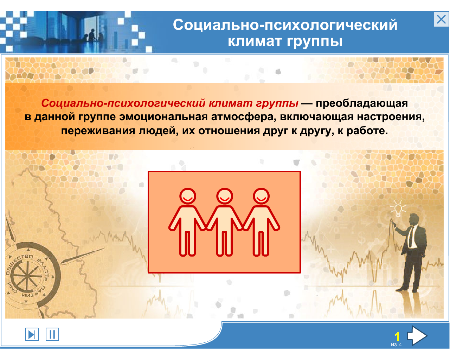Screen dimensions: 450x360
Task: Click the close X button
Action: [441, 19]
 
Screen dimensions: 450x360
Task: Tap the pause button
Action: [52, 334]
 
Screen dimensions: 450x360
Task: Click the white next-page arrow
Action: [417, 335]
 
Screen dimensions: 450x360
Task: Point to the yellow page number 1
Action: [397, 336]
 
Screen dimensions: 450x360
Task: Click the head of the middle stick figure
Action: [225, 196]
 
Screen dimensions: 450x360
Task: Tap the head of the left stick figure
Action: [188, 196]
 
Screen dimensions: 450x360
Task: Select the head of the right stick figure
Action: [261, 196]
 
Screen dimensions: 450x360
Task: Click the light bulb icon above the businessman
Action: [398, 209]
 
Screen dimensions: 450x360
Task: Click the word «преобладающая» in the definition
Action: [362, 103]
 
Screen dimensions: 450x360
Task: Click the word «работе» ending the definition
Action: [367, 131]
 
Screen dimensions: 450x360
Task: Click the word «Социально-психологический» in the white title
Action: [285, 25]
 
